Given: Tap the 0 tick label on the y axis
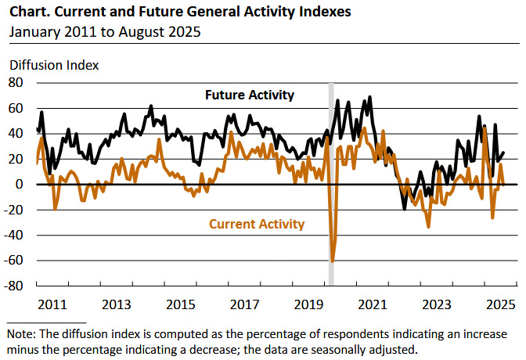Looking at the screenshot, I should coord(21,184).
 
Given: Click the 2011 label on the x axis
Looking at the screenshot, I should coord(52,303).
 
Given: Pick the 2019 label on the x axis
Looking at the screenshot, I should coord(309,303).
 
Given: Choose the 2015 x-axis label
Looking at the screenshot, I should coord(181,303).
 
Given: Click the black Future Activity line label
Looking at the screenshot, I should coord(250,95).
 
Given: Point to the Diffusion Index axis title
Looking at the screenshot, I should coord(53,64).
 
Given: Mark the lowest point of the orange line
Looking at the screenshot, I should coord(333,261).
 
